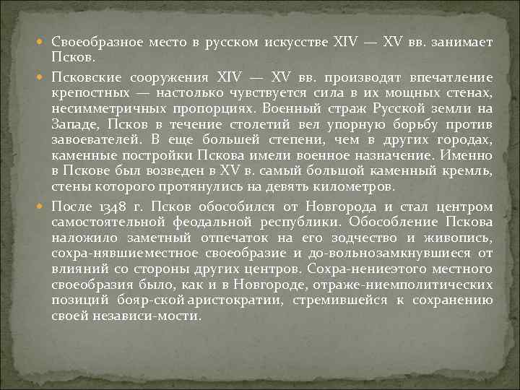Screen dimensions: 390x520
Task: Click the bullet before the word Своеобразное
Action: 44,43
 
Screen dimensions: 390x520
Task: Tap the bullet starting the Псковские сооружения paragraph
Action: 44,77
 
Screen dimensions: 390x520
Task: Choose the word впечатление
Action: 452,77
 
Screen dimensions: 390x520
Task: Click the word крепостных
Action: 84,92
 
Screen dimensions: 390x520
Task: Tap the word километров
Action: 356,186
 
